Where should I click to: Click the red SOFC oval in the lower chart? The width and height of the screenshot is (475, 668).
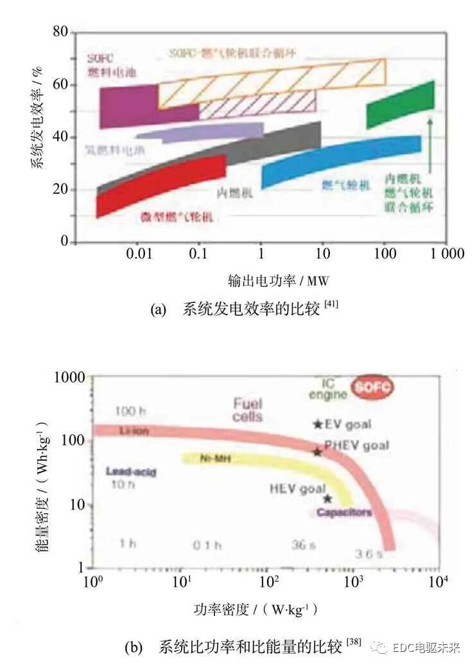(x=373, y=388)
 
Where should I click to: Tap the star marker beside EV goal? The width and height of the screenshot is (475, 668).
(x=317, y=424)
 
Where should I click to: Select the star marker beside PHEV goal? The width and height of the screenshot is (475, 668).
(x=317, y=452)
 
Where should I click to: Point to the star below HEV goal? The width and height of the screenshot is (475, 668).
(x=327, y=499)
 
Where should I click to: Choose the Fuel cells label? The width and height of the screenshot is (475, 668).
(x=247, y=409)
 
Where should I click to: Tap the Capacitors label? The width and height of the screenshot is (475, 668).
(x=344, y=513)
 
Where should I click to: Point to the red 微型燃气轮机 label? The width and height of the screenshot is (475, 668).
(x=177, y=217)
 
